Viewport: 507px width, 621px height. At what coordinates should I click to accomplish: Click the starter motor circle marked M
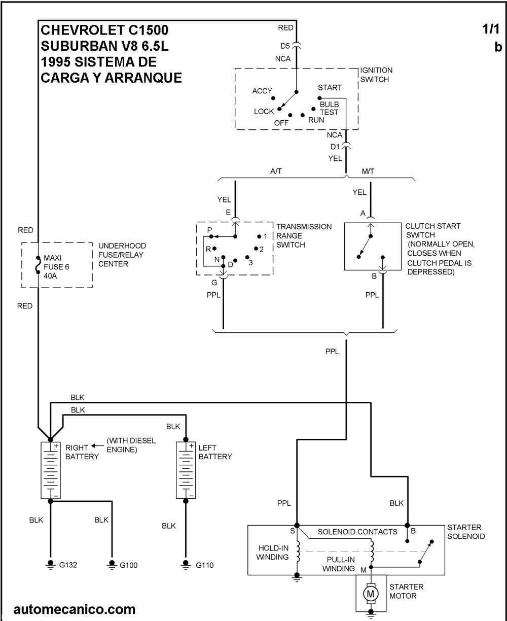coord(371,593)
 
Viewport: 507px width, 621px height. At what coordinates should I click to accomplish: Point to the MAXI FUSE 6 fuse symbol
coord(38,265)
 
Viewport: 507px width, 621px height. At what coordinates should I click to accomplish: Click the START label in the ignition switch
coord(330,88)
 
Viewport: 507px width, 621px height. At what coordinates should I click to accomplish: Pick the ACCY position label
coord(262,91)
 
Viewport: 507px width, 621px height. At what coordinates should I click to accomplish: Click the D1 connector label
coord(335,147)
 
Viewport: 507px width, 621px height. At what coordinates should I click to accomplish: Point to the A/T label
coord(277,171)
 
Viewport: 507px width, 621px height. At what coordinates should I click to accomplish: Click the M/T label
coord(369,171)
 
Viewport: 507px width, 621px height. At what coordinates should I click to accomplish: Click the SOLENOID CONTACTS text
coord(357,532)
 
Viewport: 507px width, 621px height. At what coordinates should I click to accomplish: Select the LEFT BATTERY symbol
coord(186,469)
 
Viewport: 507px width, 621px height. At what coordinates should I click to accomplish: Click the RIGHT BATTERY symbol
coord(50,469)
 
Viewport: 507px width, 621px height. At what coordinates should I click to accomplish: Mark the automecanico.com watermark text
coord(75,608)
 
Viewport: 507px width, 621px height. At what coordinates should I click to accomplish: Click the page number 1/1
coord(491,30)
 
